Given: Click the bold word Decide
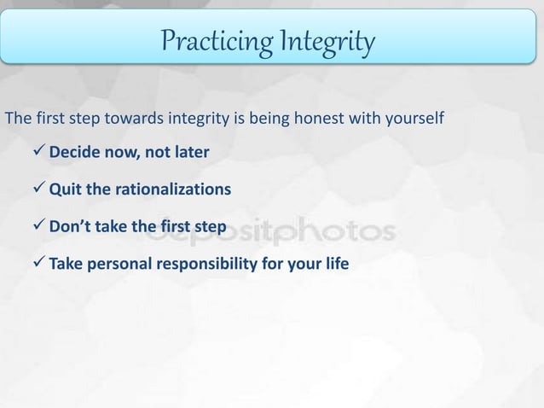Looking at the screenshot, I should [74, 153].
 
